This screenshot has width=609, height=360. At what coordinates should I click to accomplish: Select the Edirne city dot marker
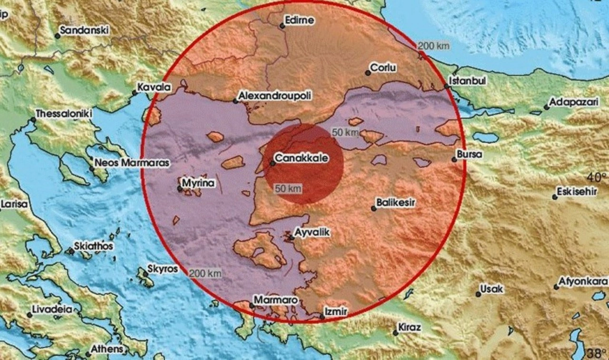(x=282, y=26)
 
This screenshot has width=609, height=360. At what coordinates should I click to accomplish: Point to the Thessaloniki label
(x=64, y=114)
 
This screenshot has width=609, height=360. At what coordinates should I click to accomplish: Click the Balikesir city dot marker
(x=374, y=208)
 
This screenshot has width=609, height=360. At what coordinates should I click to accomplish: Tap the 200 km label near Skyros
(x=205, y=273)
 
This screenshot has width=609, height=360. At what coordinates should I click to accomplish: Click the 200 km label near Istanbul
(x=434, y=46)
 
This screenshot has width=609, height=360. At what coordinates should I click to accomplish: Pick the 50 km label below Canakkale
(x=288, y=189)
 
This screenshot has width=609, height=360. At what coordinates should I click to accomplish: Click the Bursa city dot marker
(x=454, y=160)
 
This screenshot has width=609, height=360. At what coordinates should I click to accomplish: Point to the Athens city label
(x=107, y=349)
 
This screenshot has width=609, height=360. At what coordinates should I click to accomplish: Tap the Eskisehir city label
(x=578, y=192)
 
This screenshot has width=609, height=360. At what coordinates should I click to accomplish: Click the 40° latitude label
(x=596, y=177)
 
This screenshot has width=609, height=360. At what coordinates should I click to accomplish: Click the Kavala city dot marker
(x=135, y=93)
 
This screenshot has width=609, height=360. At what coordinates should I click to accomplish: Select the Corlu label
(x=383, y=68)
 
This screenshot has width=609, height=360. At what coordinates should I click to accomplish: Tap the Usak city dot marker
(x=478, y=294)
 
